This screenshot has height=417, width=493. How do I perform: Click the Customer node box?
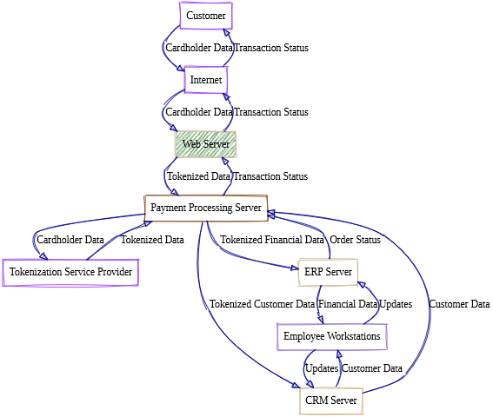(205, 15)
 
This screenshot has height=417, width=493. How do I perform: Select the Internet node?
(206, 79)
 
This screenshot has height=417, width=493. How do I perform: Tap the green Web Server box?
(205, 143)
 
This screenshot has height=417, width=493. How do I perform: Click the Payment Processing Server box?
(205, 208)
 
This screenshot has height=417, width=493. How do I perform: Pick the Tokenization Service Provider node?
(70, 272)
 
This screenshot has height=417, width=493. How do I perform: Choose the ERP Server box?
(328, 272)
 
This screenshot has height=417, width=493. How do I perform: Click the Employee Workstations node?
(331, 336)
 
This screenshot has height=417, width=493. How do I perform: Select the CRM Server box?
(330, 400)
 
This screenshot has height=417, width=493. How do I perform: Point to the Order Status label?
(356, 240)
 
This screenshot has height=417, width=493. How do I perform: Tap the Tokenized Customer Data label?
(262, 304)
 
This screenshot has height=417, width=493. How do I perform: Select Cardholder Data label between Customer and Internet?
(199, 48)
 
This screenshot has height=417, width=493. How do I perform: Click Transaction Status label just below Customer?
(270, 48)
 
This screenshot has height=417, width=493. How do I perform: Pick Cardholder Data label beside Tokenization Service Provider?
(70, 240)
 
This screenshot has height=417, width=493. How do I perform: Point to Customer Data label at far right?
(460, 304)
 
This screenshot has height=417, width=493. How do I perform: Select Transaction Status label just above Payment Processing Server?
(270, 176)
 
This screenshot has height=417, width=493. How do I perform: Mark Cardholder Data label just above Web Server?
(199, 112)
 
